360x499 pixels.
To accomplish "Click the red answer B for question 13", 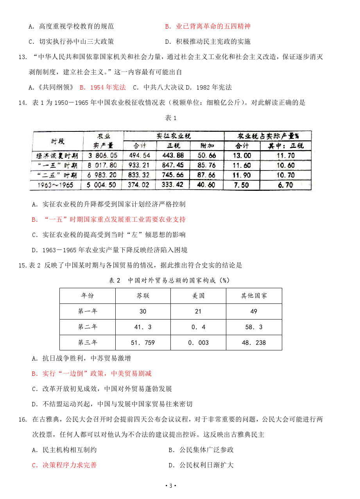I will tap(103, 87).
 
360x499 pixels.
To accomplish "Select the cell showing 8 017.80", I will tap(103, 165).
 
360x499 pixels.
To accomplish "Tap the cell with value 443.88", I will tap(172, 155).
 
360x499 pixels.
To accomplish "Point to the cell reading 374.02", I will tap(139, 185).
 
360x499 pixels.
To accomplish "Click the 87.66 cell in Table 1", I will tap(206, 175).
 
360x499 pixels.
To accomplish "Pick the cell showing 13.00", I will tap(242, 155).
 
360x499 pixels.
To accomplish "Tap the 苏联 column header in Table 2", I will tap(143, 296).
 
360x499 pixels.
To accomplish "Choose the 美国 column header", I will tap(198, 296).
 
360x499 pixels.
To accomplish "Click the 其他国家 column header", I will tap(254, 296).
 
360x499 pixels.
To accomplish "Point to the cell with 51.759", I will tap(143, 343).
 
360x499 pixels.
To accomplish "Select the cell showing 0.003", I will tap(198, 343).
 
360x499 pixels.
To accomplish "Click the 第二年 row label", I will tap(88, 327).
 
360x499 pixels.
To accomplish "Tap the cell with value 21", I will tap(198, 311).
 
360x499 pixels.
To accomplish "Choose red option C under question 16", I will tap(64, 465).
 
